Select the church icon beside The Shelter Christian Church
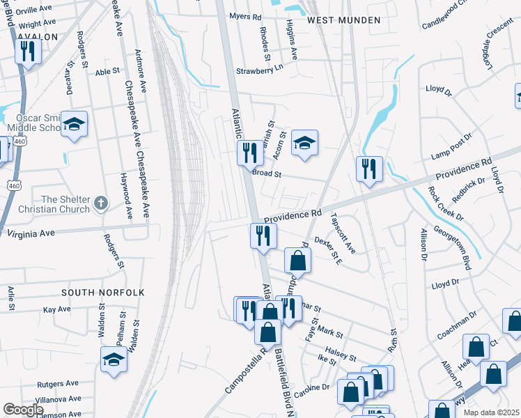pos(101,203)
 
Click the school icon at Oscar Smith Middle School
pos(74,124)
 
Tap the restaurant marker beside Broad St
pos(250,151)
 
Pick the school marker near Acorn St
pos(304,143)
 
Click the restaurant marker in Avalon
pos(29,51)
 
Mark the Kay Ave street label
pos(56,309)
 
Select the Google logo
pos(23,410)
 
